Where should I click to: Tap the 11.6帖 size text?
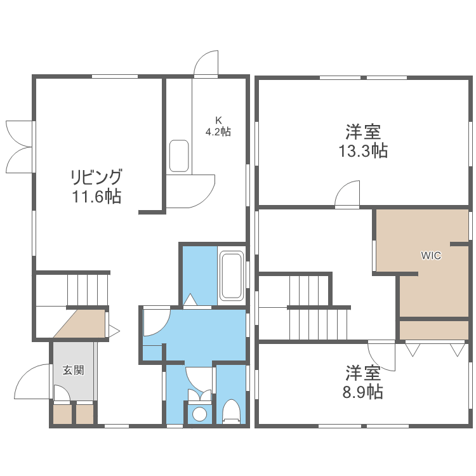coord(96,196)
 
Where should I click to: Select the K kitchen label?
coord(218,120)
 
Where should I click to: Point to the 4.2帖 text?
coord(218,132)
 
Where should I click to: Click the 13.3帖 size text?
coord(363,151)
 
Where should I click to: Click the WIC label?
coord(431,256)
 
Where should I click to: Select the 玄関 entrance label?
coord(73,370)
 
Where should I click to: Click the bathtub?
coord(232,276)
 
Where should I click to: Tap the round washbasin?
coord(199,414)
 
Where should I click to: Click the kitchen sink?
coord(179,156)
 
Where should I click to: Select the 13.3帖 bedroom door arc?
coord(347,194)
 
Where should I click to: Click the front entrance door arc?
coord(32,383)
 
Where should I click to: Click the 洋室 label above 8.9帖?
coord(363,371)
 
